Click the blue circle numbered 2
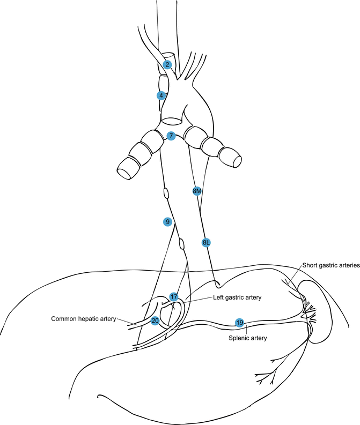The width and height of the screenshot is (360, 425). [x=168, y=65]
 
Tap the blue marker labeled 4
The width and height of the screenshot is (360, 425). [x=160, y=95]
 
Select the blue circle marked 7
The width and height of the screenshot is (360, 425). [x=171, y=136]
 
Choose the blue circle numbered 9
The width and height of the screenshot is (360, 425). [x=167, y=221]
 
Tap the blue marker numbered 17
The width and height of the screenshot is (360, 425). [x=174, y=296]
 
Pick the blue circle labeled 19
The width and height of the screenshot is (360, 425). [x=240, y=322]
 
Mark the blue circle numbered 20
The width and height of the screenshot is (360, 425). [x=155, y=320]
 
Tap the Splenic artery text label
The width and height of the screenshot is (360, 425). [x=248, y=338]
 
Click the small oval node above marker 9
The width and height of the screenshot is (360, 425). [x=166, y=192]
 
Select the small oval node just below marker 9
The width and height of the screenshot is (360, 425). [x=181, y=244]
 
